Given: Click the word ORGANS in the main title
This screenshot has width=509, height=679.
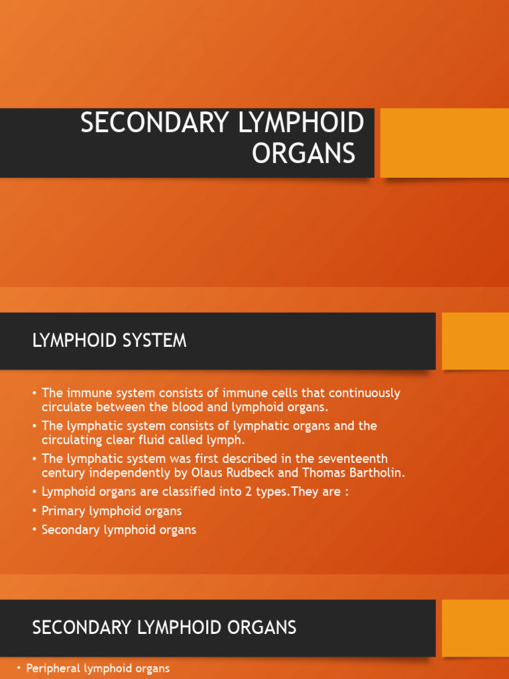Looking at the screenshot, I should tap(304, 153).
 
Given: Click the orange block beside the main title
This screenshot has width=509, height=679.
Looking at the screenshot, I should tap(444, 143).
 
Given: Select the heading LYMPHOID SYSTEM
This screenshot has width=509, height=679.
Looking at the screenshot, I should tap(109, 341).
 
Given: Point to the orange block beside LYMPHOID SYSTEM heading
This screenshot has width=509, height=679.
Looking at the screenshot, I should tap(475, 341).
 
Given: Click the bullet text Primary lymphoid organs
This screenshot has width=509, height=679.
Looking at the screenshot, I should tap(111, 511).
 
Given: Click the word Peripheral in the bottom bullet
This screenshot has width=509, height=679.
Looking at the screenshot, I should tap(53, 668).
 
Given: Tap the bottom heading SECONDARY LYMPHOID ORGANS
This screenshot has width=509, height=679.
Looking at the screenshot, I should tap(164, 627).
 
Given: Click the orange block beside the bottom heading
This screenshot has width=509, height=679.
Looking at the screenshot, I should tap(475, 627).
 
